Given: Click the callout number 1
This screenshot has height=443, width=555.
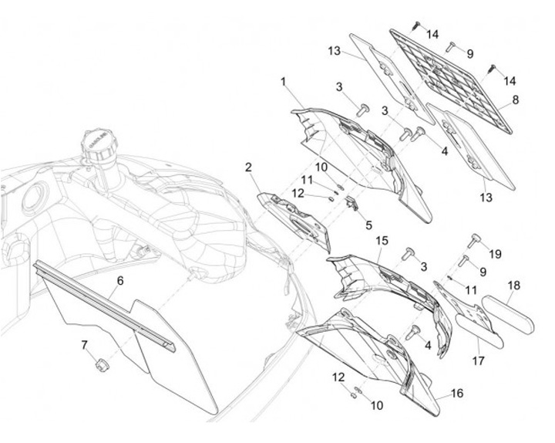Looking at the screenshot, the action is coord(284,81).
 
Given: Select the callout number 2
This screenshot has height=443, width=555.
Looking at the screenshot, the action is coord(249,167).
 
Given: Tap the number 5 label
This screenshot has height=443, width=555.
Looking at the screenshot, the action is coord(368,225).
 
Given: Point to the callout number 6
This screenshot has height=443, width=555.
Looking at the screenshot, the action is coord(119,282).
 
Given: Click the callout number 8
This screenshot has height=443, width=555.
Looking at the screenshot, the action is coord(515,100).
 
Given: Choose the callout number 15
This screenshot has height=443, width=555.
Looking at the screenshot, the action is coord(382,241).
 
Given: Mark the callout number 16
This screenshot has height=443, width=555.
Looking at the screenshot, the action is coord(457,393).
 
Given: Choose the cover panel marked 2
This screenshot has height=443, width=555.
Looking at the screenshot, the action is coord(293,220).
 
